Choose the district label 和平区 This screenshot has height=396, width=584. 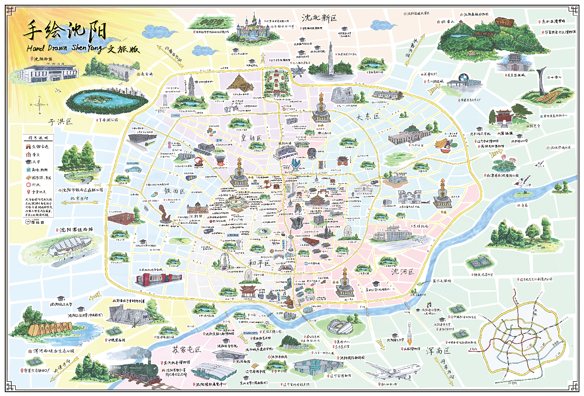click(259, 263)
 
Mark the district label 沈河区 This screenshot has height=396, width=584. click(402, 272)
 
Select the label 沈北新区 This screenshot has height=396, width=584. click(319, 18)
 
